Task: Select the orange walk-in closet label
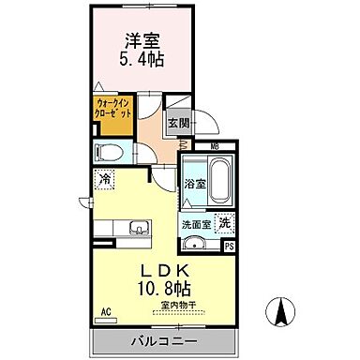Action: click(114, 109)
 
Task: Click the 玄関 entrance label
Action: click(179, 123)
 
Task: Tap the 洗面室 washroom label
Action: click(197, 224)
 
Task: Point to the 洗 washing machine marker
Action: click(225, 223)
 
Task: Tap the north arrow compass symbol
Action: click(278, 312)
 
